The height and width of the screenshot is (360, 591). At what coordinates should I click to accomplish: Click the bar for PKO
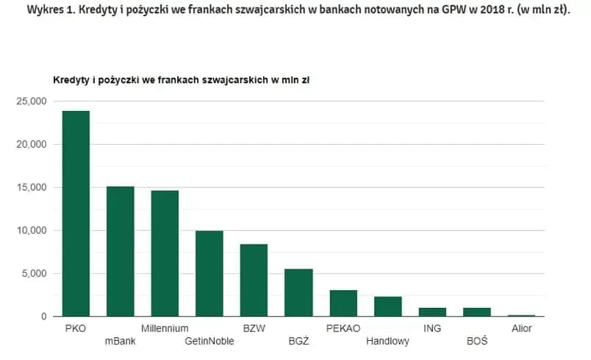tap(76, 214)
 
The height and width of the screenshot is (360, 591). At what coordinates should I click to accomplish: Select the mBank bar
tap(121, 251)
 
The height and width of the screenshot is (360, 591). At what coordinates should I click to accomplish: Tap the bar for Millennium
tap(165, 253)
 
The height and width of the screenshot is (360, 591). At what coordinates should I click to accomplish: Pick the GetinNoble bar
tap(209, 273)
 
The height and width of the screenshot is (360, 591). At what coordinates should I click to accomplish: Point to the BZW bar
tap(254, 280)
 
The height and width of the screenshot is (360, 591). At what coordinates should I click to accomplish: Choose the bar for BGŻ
tap(298, 292)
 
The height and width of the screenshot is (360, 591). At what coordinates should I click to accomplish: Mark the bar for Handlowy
tap(387, 306)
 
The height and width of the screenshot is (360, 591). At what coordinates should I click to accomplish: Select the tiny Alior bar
tap(521, 315)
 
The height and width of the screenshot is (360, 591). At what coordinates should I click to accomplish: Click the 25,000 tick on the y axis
tap(32, 101)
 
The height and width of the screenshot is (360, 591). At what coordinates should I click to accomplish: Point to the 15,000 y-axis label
tap(32, 187)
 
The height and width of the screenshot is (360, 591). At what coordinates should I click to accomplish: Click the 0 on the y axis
tap(44, 317)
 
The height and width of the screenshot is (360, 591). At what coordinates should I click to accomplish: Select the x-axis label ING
tap(432, 328)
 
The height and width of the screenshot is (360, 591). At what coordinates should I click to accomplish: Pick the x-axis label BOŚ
tap(477, 342)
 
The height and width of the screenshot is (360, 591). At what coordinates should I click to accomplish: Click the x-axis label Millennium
tap(165, 328)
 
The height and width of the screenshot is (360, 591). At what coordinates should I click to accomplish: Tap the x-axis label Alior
tap(521, 328)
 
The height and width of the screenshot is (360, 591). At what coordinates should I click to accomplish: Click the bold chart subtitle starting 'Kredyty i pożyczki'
tap(180, 79)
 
